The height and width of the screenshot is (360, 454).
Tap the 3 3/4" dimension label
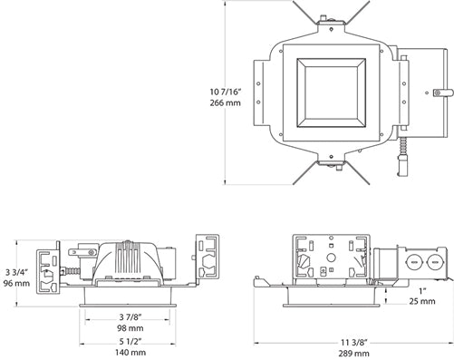pyautogui.click(x=17, y=269)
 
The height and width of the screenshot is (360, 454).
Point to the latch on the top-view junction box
pyautogui.click(x=441, y=91)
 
